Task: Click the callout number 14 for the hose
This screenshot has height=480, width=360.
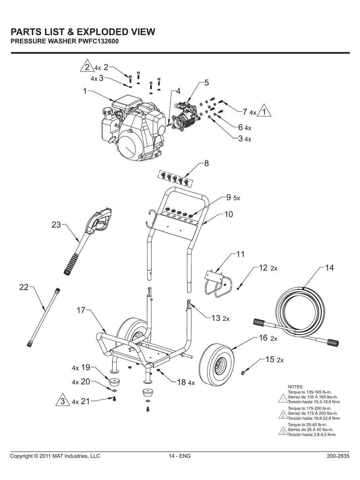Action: click(x=329, y=268)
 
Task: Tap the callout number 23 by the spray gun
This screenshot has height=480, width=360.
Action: click(x=56, y=225)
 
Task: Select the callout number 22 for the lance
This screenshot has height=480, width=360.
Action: click(x=24, y=287)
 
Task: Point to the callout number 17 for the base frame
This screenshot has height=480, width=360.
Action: click(x=81, y=310)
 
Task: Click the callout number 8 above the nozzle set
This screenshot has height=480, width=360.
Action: click(x=206, y=163)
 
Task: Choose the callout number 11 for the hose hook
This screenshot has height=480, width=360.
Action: click(x=240, y=254)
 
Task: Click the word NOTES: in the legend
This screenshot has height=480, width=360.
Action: click(x=295, y=387)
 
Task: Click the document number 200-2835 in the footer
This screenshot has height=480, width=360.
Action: click(x=338, y=456)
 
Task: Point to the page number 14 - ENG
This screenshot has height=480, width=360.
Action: click(x=180, y=456)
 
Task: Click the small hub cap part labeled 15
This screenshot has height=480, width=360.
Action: click(x=245, y=373)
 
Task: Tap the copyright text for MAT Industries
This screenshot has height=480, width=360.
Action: click(x=55, y=456)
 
